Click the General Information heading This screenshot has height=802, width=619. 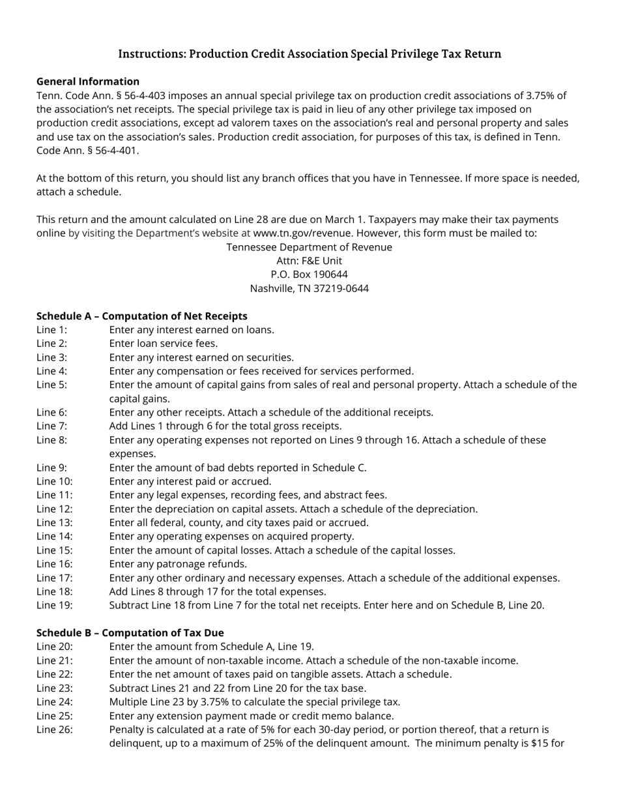(88, 82)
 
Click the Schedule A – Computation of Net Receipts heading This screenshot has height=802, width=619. (141, 316)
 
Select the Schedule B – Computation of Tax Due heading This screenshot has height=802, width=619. (130, 633)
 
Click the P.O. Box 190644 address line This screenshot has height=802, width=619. (309, 275)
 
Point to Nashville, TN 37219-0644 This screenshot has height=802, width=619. (309, 288)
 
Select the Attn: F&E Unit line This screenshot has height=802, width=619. (309, 261)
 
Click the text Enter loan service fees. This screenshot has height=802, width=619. (164, 344)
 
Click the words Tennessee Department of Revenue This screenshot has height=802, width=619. (309, 247)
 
